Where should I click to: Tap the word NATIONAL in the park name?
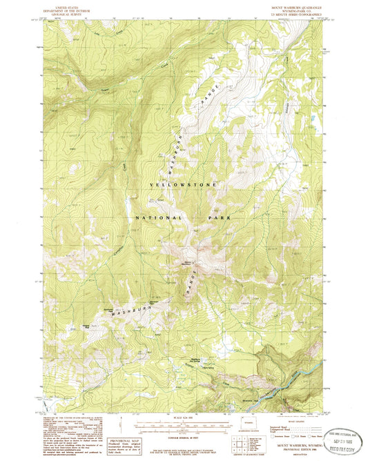tap(158, 217)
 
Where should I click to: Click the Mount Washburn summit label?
tap(188, 262)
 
